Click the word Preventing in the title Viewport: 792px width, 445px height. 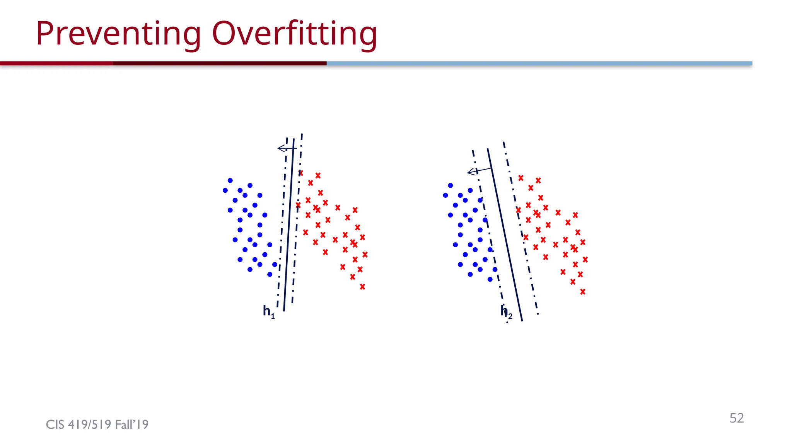118,34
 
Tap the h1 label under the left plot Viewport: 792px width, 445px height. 268,311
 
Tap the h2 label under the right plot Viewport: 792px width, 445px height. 506,311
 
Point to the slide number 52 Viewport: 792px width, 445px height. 736,418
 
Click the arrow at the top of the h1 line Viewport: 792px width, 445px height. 286,148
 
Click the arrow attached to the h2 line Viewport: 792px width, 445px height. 479,170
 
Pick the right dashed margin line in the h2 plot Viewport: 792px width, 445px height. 521,228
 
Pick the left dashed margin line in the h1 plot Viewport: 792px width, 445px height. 282,224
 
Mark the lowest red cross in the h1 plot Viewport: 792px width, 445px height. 362,287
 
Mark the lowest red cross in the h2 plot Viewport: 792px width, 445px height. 583,292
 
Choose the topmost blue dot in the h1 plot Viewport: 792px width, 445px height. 230,180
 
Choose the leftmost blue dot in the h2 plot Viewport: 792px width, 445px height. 445,195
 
